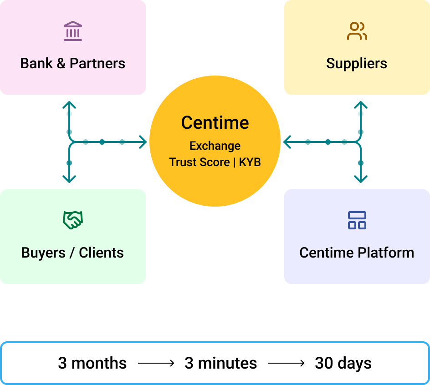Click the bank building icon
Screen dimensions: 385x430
(x=73, y=31)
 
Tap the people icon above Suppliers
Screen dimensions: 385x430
(x=357, y=31)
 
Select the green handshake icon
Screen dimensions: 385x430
(x=73, y=220)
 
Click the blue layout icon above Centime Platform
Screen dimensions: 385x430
(x=357, y=220)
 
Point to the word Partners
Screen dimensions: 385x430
(x=97, y=63)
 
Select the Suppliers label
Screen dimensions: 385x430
(x=357, y=63)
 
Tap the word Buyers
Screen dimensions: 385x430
(x=43, y=253)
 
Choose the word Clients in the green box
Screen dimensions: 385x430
(x=101, y=253)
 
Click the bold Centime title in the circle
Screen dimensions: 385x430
(x=215, y=123)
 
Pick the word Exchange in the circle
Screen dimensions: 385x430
(x=215, y=146)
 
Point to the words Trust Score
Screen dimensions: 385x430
(x=200, y=162)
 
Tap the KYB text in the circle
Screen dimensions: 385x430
(x=250, y=162)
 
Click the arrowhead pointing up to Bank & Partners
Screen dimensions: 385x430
(x=69, y=105)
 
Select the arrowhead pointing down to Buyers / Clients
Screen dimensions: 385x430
(x=69, y=179)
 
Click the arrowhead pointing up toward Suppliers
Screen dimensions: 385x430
(x=361, y=105)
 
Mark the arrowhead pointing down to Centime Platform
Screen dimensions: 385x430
(x=361, y=179)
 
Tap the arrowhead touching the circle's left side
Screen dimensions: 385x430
(x=143, y=142)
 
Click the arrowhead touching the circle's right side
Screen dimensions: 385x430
(x=287, y=142)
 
